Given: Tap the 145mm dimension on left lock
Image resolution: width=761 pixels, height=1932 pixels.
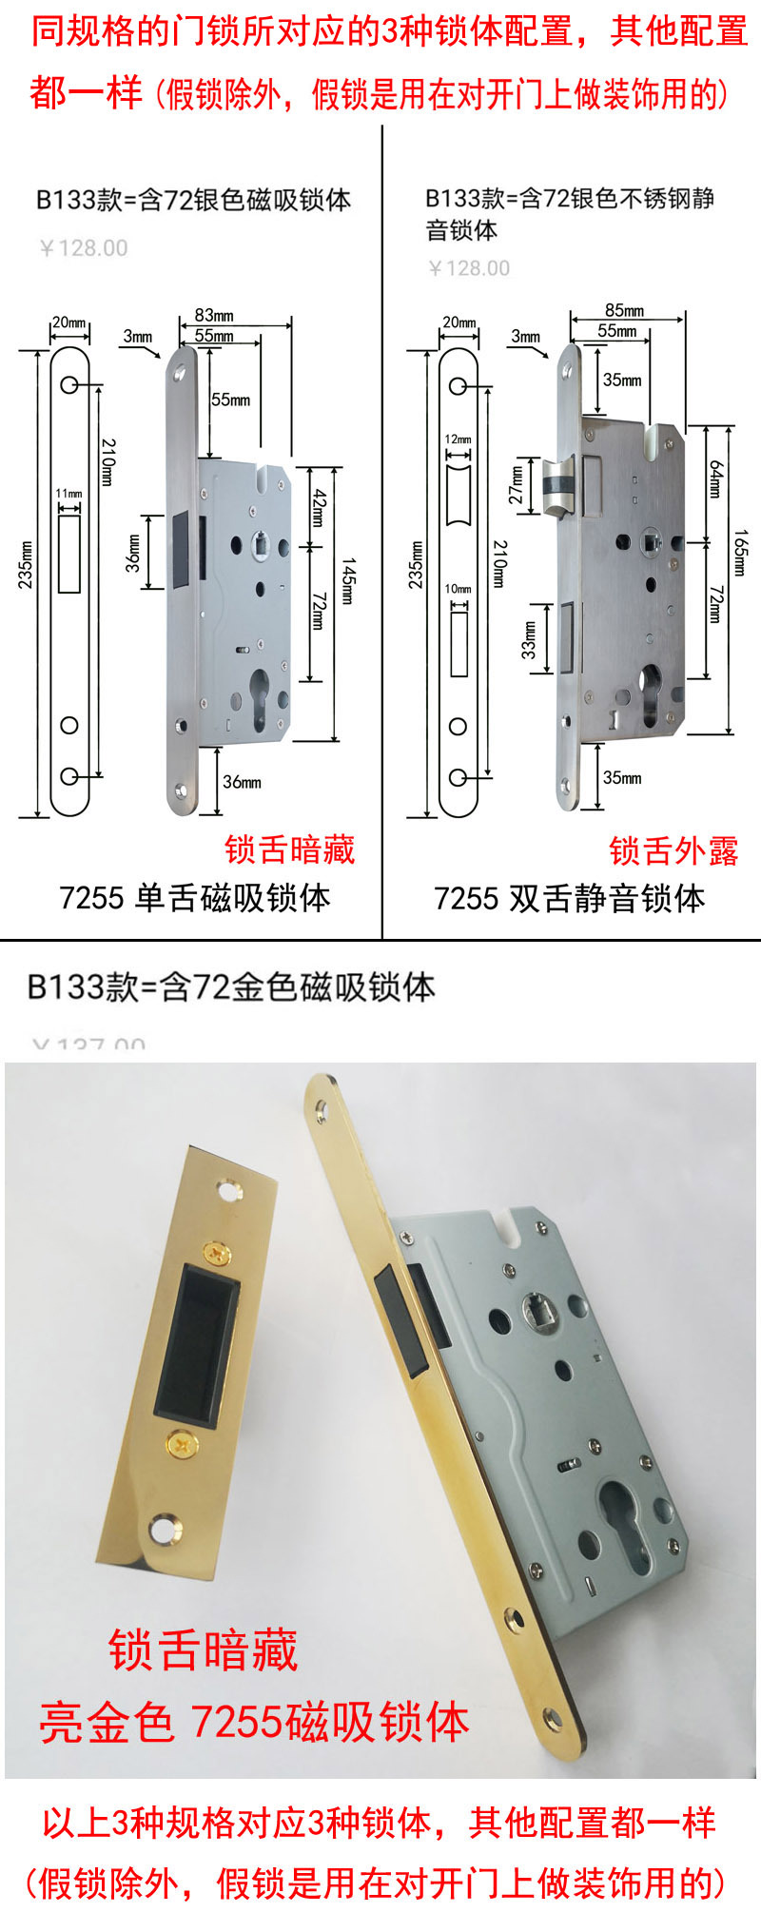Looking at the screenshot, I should (347, 582).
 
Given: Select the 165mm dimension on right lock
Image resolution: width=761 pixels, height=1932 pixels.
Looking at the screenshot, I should (740, 552).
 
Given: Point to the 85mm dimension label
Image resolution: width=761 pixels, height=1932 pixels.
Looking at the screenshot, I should (624, 310).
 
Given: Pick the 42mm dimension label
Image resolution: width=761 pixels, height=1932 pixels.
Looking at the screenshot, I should (319, 508).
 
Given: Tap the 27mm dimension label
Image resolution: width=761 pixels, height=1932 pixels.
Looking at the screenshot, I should (517, 484).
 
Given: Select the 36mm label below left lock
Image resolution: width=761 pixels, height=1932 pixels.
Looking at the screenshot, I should (242, 782).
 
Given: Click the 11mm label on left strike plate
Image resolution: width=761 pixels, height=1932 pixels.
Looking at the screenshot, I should (68, 494).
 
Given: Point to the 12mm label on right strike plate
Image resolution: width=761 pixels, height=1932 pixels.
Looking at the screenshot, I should (458, 439).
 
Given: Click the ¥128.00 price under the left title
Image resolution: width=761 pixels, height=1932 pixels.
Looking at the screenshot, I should (84, 248).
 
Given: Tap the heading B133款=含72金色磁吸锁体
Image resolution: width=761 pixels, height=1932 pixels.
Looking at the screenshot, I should (230, 986).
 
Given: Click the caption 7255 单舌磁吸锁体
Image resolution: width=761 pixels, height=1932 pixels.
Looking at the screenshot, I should (195, 898).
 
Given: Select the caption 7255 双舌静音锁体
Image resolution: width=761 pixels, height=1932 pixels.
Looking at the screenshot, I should (569, 898).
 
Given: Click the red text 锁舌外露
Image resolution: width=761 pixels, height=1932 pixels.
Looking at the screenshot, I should (673, 850).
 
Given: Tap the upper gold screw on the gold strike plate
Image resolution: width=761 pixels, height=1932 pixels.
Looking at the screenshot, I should (218, 1255).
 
